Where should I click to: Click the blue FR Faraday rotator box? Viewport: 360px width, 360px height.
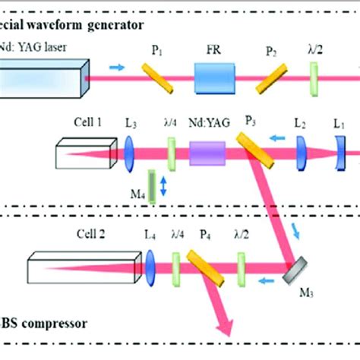tap(216, 77)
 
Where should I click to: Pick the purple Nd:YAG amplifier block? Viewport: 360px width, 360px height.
tap(207, 154)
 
